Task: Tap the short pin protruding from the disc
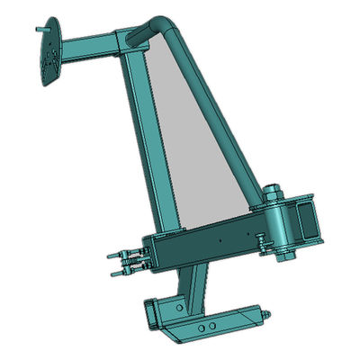pos(39,29)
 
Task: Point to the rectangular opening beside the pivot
pos(307,221)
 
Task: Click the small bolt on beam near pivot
pos(260,240)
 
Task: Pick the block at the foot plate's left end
pos(154,314)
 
